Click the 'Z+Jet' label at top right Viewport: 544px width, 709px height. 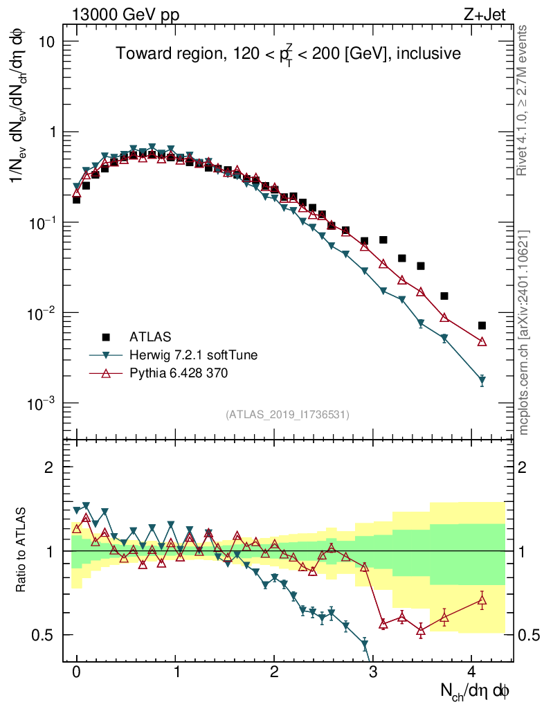tap(492, 14)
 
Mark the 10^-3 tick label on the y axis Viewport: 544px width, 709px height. tap(43, 404)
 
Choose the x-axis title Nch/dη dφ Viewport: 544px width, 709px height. tap(475, 691)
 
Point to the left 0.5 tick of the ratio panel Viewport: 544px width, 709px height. tap(45, 635)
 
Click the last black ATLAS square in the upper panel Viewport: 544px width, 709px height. tap(482, 325)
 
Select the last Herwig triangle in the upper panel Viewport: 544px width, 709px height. tap(482, 381)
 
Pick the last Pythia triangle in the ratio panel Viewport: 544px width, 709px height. tap(482, 600)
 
